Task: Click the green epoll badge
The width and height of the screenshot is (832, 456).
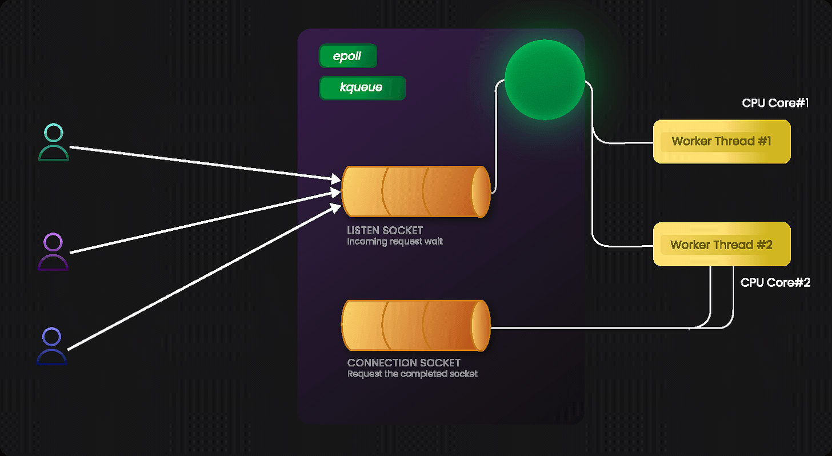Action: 347,56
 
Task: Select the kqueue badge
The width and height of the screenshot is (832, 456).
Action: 362,88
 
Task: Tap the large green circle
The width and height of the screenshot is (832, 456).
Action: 545,79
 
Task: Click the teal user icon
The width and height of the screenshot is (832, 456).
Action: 54,143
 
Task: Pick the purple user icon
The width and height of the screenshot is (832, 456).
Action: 53,251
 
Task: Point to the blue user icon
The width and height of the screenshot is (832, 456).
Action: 52,346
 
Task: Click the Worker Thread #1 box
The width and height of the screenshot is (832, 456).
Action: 721,141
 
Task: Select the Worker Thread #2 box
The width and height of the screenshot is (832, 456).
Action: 721,245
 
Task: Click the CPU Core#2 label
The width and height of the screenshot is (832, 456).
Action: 775,283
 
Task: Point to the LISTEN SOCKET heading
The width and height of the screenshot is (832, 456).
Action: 385,231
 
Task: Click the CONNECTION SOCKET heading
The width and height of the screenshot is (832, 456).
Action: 403,363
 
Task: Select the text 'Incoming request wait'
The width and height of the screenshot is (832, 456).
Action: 394,242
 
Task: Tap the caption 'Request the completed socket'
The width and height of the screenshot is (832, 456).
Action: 412,374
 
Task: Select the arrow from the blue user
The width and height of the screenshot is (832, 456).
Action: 200,278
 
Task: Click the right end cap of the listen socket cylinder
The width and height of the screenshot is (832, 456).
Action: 482,192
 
